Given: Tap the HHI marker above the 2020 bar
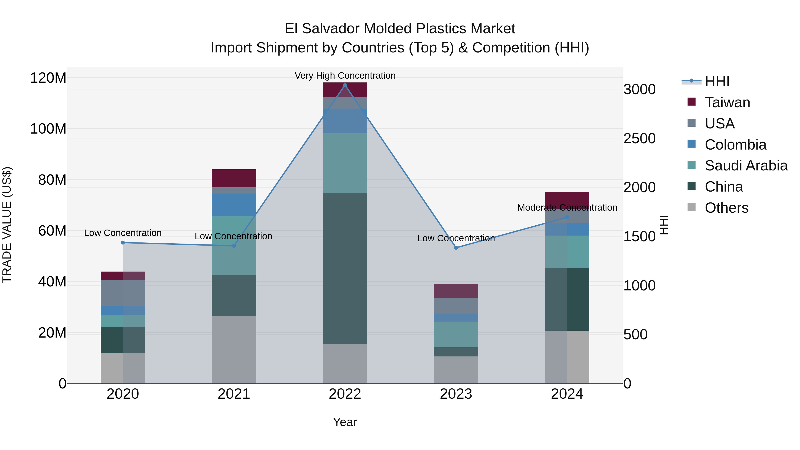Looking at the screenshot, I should (123, 242).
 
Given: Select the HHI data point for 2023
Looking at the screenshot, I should (456, 248).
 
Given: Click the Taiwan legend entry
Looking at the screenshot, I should (727, 102).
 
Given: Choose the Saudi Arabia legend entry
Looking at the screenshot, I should (746, 166).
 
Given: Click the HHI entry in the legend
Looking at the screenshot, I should (717, 81).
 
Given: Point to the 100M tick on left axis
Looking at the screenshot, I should (48, 129).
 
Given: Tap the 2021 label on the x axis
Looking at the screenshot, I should (234, 394).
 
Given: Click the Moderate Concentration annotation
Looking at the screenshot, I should (567, 208).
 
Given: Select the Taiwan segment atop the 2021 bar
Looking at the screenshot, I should (234, 178).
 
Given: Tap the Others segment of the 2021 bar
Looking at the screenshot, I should (234, 349).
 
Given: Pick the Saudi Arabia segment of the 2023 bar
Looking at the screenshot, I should (456, 334).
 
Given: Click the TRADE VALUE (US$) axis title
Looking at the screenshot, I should (7, 225).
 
